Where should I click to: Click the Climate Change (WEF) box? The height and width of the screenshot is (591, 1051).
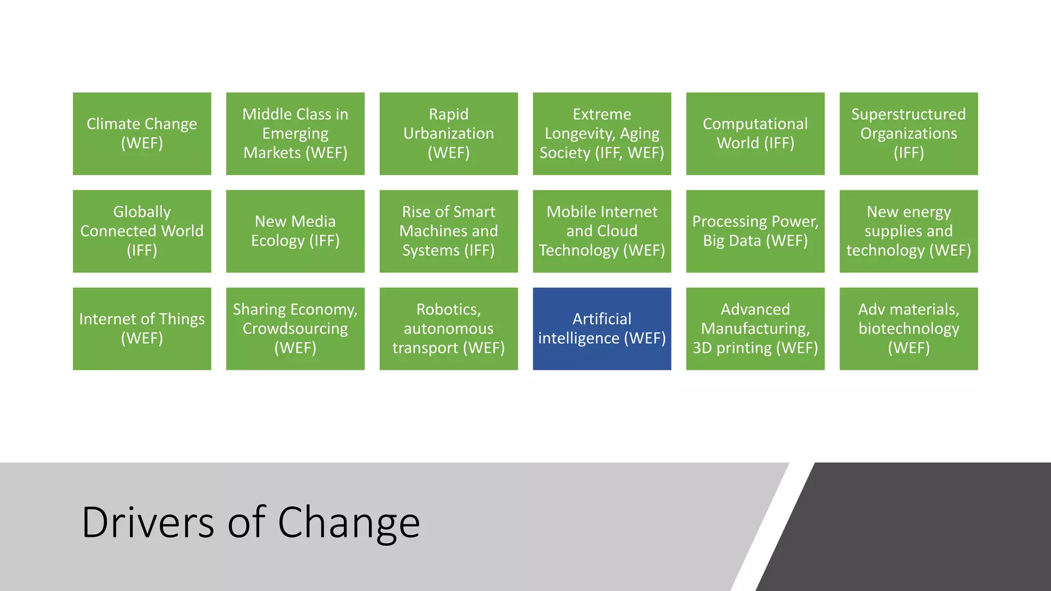click(142, 133)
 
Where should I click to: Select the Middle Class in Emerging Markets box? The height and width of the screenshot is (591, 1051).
click(295, 133)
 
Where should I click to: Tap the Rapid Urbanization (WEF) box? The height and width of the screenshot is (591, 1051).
click(449, 133)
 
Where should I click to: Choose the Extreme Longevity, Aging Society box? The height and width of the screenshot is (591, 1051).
click(601, 133)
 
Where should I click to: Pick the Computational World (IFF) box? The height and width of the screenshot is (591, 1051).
click(755, 133)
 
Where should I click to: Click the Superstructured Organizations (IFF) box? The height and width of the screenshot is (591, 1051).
click(908, 133)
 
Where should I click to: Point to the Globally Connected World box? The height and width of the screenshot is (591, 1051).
click(142, 231)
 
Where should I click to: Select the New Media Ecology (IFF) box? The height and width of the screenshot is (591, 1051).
click(295, 231)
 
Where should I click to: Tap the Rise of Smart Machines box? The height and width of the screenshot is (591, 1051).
click(449, 231)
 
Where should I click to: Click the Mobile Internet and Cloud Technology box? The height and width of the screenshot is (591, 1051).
click(601, 231)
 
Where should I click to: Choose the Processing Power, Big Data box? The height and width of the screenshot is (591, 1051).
click(755, 231)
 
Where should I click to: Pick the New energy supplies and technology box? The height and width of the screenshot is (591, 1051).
click(908, 231)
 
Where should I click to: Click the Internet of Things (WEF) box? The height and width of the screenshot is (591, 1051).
click(142, 328)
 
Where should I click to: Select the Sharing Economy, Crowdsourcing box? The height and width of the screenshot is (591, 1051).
click(295, 328)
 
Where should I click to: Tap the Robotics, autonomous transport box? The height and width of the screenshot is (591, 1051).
click(449, 328)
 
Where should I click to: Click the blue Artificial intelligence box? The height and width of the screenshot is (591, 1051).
click(601, 328)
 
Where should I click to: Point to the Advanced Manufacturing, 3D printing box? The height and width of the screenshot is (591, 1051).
click(755, 328)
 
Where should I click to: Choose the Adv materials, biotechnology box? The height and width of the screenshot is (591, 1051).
click(908, 328)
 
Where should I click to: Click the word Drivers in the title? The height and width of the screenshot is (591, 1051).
click(148, 522)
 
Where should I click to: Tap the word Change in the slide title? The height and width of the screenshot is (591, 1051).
click(349, 522)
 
